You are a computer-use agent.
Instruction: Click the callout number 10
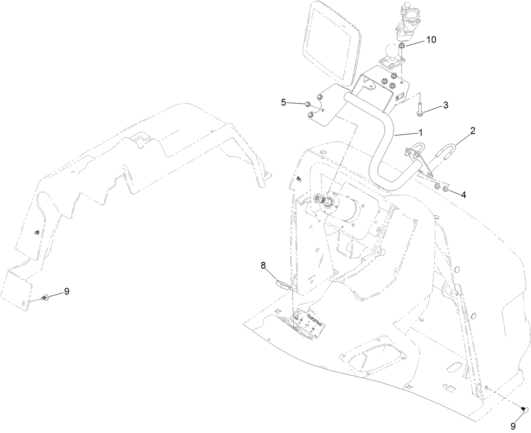coord(431,40)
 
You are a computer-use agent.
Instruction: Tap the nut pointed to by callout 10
coord(403,45)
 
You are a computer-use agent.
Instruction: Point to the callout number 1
coord(420,132)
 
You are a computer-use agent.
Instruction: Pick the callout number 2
coord(473,131)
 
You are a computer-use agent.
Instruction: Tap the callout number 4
coord(463,195)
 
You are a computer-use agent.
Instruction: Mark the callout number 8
coord(263,265)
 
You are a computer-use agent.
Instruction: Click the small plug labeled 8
coord(282,283)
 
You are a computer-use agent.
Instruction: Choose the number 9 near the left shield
coord(66,291)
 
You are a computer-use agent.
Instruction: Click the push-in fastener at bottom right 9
coord(525,408)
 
